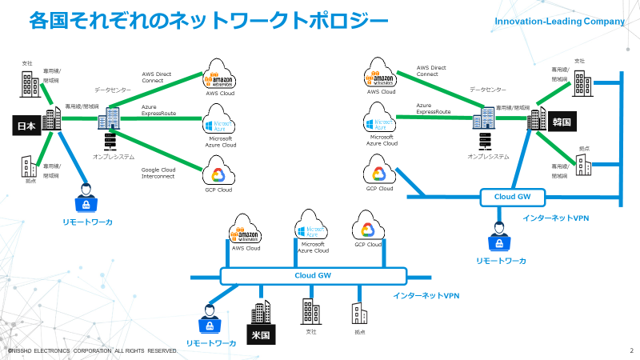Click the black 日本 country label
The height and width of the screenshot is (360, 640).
26,126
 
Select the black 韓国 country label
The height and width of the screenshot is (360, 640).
561,122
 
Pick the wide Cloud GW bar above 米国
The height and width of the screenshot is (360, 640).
312,275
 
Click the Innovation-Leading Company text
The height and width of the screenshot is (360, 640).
559,22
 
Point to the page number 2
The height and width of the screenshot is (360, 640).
631,350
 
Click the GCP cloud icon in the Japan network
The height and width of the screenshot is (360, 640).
218,171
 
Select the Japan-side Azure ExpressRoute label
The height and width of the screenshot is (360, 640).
158,110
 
